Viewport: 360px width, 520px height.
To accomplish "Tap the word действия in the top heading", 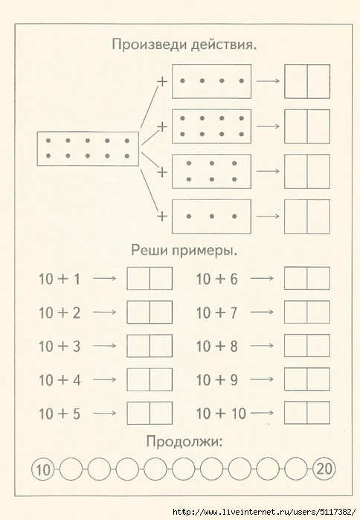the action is coord(224,45).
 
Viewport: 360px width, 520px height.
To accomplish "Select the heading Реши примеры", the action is coord(184,251).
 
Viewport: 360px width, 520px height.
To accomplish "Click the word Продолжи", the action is coord(184,442).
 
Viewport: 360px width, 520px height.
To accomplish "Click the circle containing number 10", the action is coord(43,469).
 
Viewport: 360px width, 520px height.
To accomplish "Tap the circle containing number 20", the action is coord(324,469).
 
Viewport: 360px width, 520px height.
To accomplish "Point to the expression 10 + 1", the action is coord(60,279).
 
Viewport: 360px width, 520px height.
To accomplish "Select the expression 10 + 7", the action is coord(216,312).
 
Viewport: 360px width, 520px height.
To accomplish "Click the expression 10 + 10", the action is coord(221,414).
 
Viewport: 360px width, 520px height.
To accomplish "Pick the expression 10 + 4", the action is coord(60,380).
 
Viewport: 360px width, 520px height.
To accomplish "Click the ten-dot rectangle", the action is coord(88,149).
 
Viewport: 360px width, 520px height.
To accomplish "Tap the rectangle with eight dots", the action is coord(211,126).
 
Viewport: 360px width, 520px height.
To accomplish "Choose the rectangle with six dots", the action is coord(211,171).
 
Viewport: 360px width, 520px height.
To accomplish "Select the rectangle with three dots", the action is coord(211,216).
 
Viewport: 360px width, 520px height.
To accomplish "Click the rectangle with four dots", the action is coord(211,81).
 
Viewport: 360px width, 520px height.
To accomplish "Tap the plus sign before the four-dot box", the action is coord(162,81).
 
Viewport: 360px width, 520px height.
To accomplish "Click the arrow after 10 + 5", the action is coord(105,413).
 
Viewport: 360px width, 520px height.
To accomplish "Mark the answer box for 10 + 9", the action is coord(307,379).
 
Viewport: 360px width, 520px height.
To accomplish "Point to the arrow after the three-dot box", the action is coord(269,216).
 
